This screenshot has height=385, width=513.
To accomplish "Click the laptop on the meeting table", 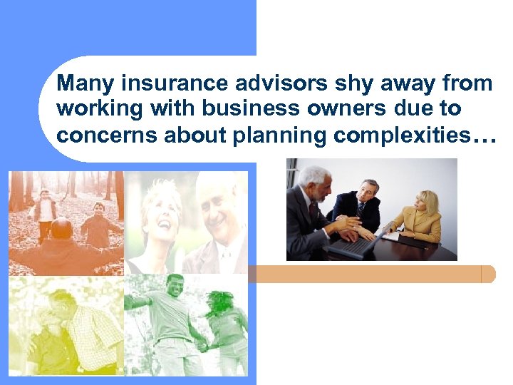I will pos(352,247).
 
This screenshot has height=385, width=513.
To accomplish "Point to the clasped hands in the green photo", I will pos(202,346).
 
